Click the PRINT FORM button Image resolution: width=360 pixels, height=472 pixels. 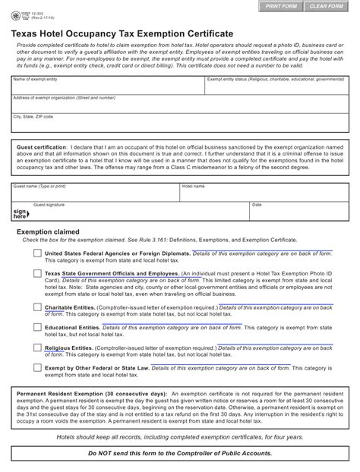tap(279, 7)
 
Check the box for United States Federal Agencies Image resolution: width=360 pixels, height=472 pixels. tap(37, 254)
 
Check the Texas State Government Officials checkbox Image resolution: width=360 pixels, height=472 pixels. tap(37, 275)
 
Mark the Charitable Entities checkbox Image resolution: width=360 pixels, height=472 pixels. tap(37, 307)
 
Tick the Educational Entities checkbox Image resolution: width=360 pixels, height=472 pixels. tap(37, 328)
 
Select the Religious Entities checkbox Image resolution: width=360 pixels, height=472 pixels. tap(37, 348)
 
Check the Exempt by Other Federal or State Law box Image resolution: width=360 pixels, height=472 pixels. tap(37, 367)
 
